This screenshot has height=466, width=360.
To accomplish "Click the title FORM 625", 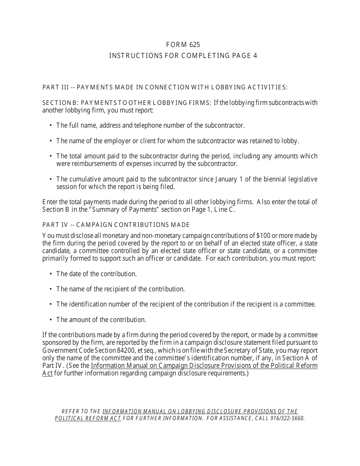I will coord(183,45).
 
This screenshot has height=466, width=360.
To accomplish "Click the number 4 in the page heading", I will coord(255,56).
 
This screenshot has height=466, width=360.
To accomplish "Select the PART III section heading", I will coord(165,88).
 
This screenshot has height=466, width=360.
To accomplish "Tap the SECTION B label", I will coord(60,103).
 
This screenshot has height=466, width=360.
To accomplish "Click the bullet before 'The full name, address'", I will coord(51,125).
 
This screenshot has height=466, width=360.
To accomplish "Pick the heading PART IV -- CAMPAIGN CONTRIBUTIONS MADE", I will coord(116,225).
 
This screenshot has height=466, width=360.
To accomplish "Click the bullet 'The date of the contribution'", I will coord(96,274).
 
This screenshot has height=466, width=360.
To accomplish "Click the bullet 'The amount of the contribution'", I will coord(101,319).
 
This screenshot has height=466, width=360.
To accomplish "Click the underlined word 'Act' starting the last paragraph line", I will coord(47,373).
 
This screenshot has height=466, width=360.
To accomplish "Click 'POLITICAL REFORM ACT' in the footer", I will coord(88,418).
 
